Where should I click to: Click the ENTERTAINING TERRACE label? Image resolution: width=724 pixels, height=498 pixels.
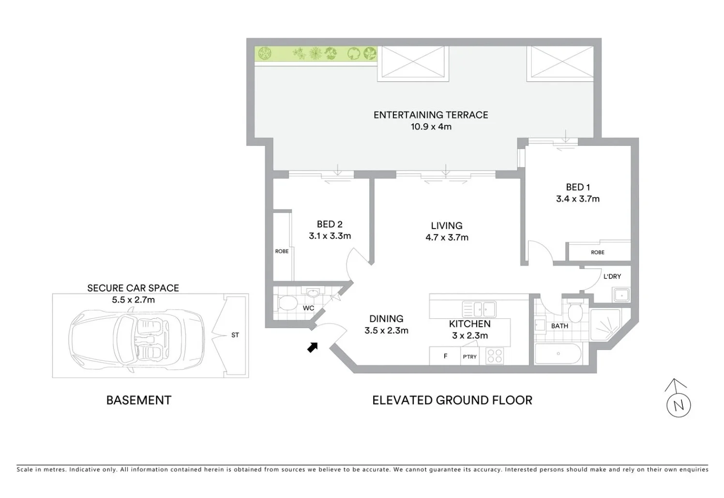(x=430, y=115)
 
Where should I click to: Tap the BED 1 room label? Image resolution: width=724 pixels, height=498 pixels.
(x=578, y=187)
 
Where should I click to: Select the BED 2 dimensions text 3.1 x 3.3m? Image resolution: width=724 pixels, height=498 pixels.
(x=330, y=236)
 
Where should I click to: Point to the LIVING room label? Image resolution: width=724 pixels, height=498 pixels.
(x=446, y=226)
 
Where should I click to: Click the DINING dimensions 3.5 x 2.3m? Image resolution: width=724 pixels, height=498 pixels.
(x=386, y=331)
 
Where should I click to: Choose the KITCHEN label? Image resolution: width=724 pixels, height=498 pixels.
(x=469, y=324)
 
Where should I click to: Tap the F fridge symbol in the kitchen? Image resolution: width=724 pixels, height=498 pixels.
(x=445, y=356)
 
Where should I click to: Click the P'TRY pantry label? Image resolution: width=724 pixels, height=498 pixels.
(x=469, y=357)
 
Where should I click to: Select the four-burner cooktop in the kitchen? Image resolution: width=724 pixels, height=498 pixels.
(x=495, y=356)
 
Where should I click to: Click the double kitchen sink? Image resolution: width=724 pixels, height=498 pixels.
(x=479, y=309)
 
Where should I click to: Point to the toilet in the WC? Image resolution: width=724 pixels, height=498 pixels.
(x=287, y=304)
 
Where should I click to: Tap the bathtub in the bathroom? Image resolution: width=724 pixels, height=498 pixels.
(x=558, y=354)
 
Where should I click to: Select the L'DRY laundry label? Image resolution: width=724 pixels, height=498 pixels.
(x=612, y=277)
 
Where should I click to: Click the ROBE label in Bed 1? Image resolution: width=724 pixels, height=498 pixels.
(x=597, y=252)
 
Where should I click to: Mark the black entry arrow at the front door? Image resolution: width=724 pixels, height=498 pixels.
(x=313, y=347)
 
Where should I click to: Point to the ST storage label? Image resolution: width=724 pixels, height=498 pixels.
(x=235, y=335)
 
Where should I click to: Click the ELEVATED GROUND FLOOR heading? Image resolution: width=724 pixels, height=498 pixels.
(x=452, y=400)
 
